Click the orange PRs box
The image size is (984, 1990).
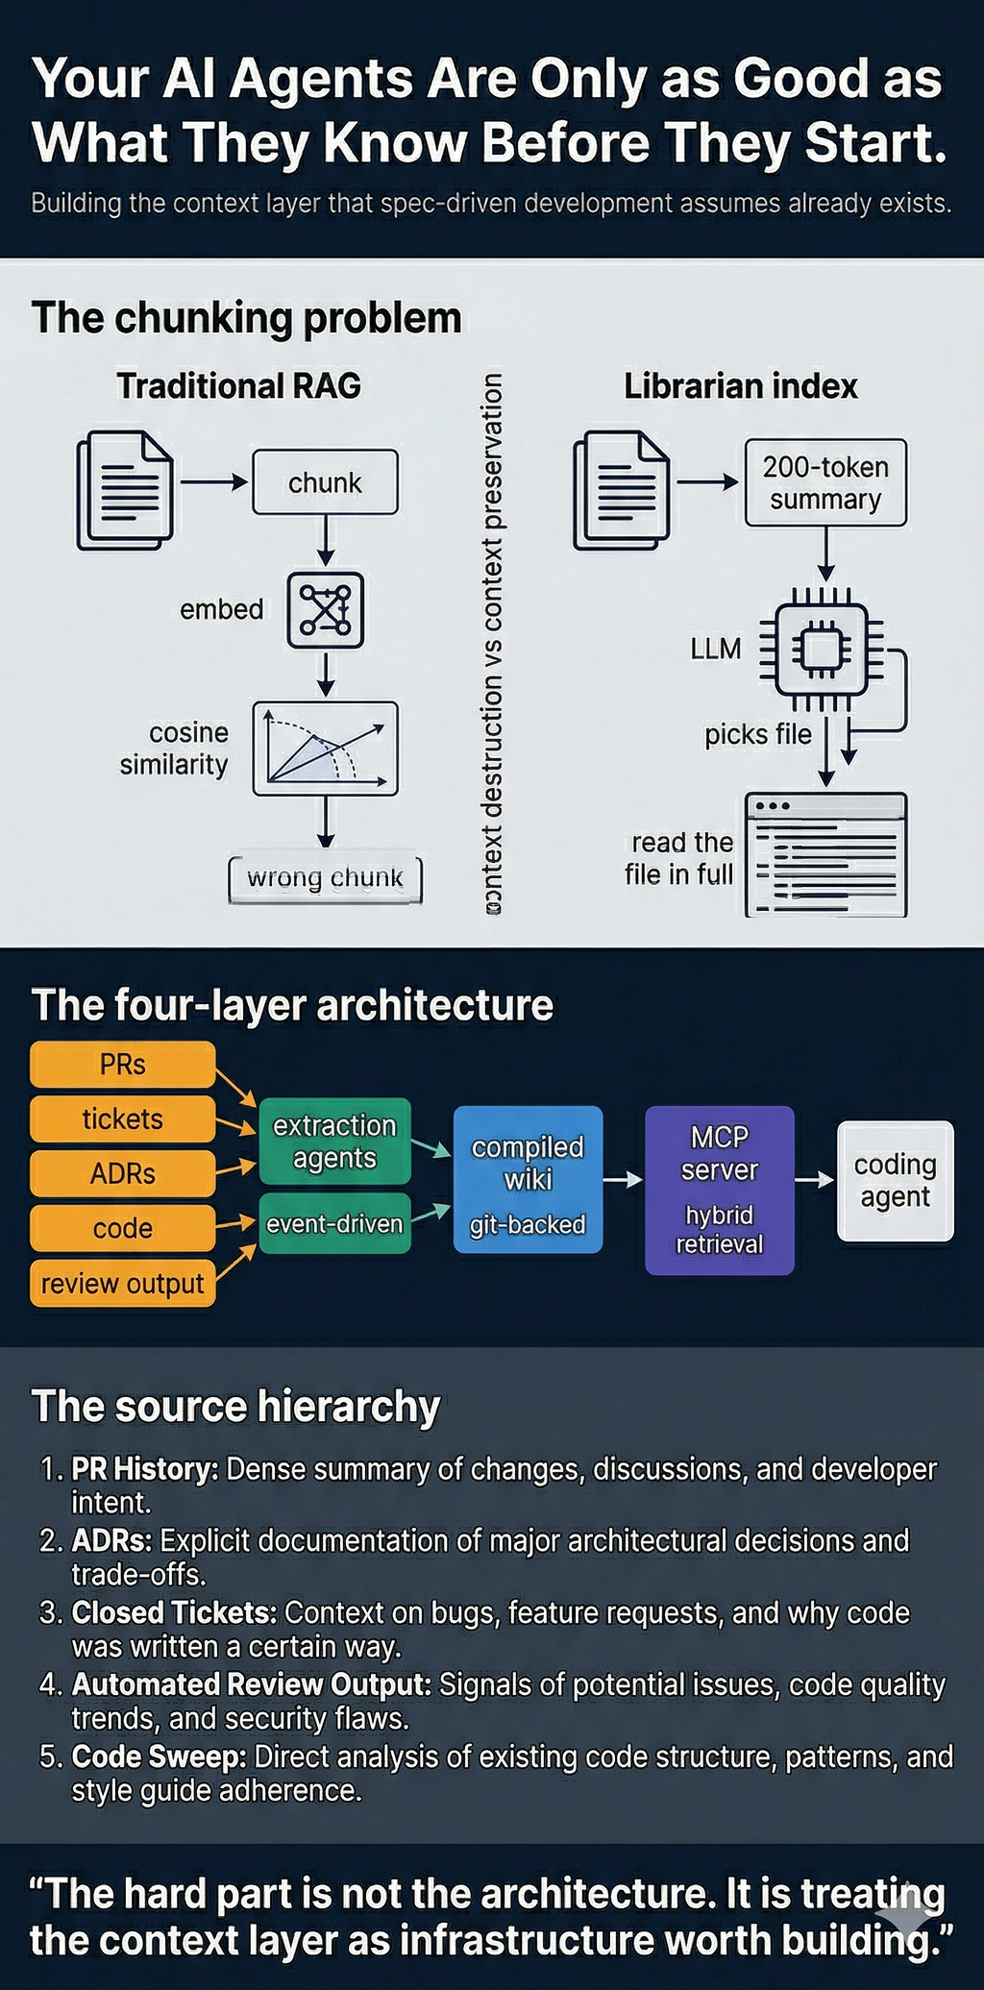pyautogui.click(x=123, y=1065)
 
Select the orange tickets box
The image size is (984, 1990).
pyautogui.click(x=123, y=1119)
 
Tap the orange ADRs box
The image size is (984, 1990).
pyautogui.click(x=123, y=1173)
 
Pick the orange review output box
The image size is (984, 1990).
pyautogui.click(x=123, y=1284)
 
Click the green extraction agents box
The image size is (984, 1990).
pyautogui.click(x=334, y=1142)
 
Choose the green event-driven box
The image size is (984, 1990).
pyautogui.click(x=334, y=1223)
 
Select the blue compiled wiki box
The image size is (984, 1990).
pyautogui.click(x=528, y=1180)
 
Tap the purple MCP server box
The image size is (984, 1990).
pyautogui.click(x=720, y=1191)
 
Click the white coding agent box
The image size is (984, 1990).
pyautogui.click(x=896, y=1181)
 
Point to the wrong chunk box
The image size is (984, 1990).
pyautogui.click(x=325, y=878)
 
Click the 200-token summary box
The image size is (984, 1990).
pyautogui.click(x=825, y=483)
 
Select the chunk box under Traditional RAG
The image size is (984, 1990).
pyautogui.click(x=325, y=482)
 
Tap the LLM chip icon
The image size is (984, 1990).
pyautogui.click(x=822, y=651)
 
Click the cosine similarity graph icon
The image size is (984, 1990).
pyautogui.click(x=325, y=749)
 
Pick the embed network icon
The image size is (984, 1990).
pyautogui.click(x=326, y=610)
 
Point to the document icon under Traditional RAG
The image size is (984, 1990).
pyautogui.click(x=125, y=490)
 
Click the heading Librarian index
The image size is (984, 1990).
pyautogui.click(x=741, y=386)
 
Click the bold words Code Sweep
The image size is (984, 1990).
pyautogui.click(x=159, y=1757)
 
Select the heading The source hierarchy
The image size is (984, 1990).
pyautogui.click(x=235, y=1407)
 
